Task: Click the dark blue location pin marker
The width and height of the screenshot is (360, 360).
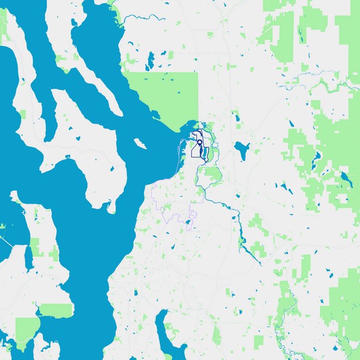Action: click(x=199, y=143)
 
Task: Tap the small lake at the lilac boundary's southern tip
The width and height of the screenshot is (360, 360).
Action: click(x=189, y=224)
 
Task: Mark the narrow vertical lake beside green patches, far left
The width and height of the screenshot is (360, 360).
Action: click(x=28, y=256)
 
